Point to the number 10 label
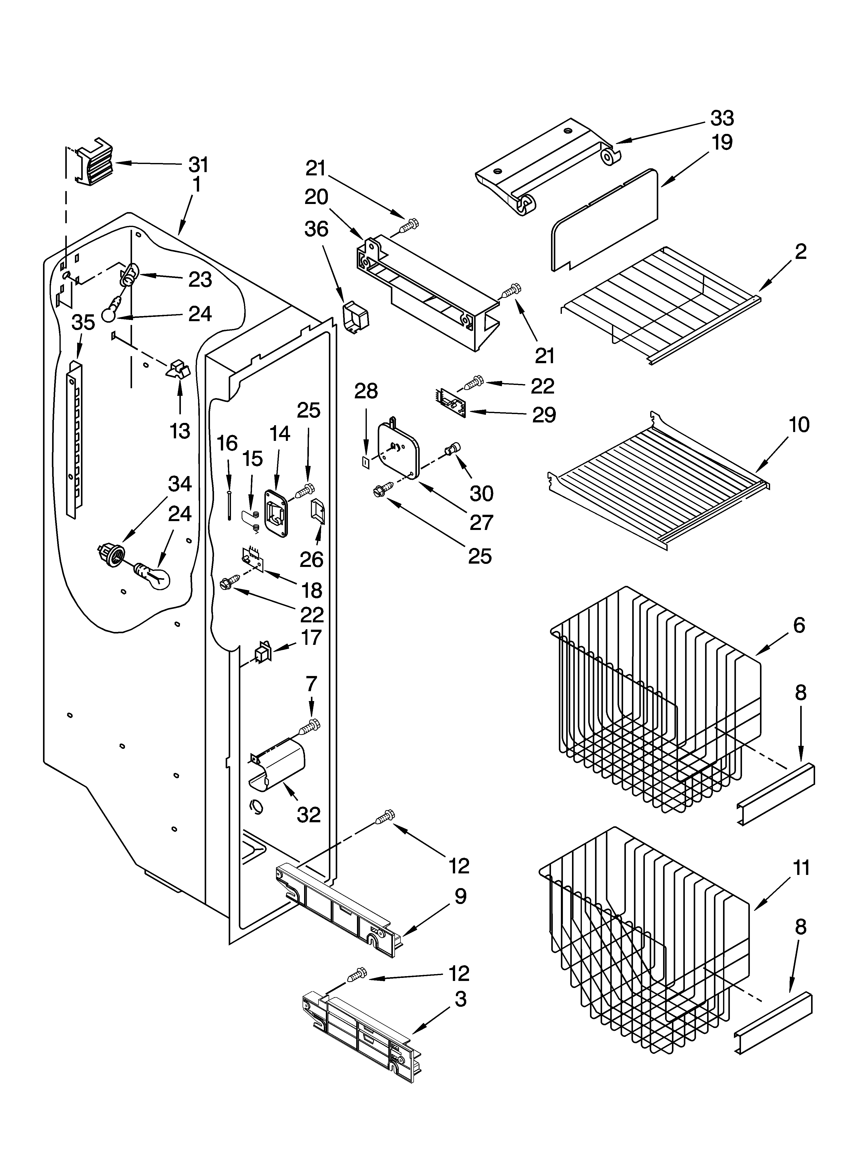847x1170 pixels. (798, 425)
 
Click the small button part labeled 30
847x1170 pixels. (452, 449)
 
